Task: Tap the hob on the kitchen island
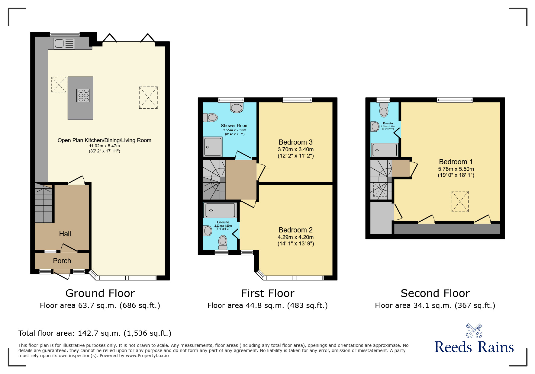click(x=83, y=95)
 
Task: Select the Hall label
click(x=65, y=234)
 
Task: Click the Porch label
click(x=62, y=261)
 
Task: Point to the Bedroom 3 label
click(x=295, y=142)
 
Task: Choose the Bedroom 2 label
click(x=295, y=230)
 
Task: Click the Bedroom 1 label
click(x=456, y=162)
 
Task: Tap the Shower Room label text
click(x=234, y=126)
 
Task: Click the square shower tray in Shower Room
click(x=213, y=147)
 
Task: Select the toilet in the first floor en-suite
click(x=223, y=241)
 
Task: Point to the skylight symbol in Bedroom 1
click(x=460, y=201)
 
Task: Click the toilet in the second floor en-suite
click(x=384, y=111)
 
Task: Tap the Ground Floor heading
click(x=100, y=293)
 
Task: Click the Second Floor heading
click(x=435, y=293)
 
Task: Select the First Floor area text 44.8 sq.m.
click(x=267, y=305)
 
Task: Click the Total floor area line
click(x=95, y=333)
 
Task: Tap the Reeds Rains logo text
click(x=474, y=347)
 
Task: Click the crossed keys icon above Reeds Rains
click(x=474, y=331)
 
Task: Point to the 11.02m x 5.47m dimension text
click(x=104, y=146)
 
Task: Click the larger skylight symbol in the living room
click(x=148, y=97)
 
